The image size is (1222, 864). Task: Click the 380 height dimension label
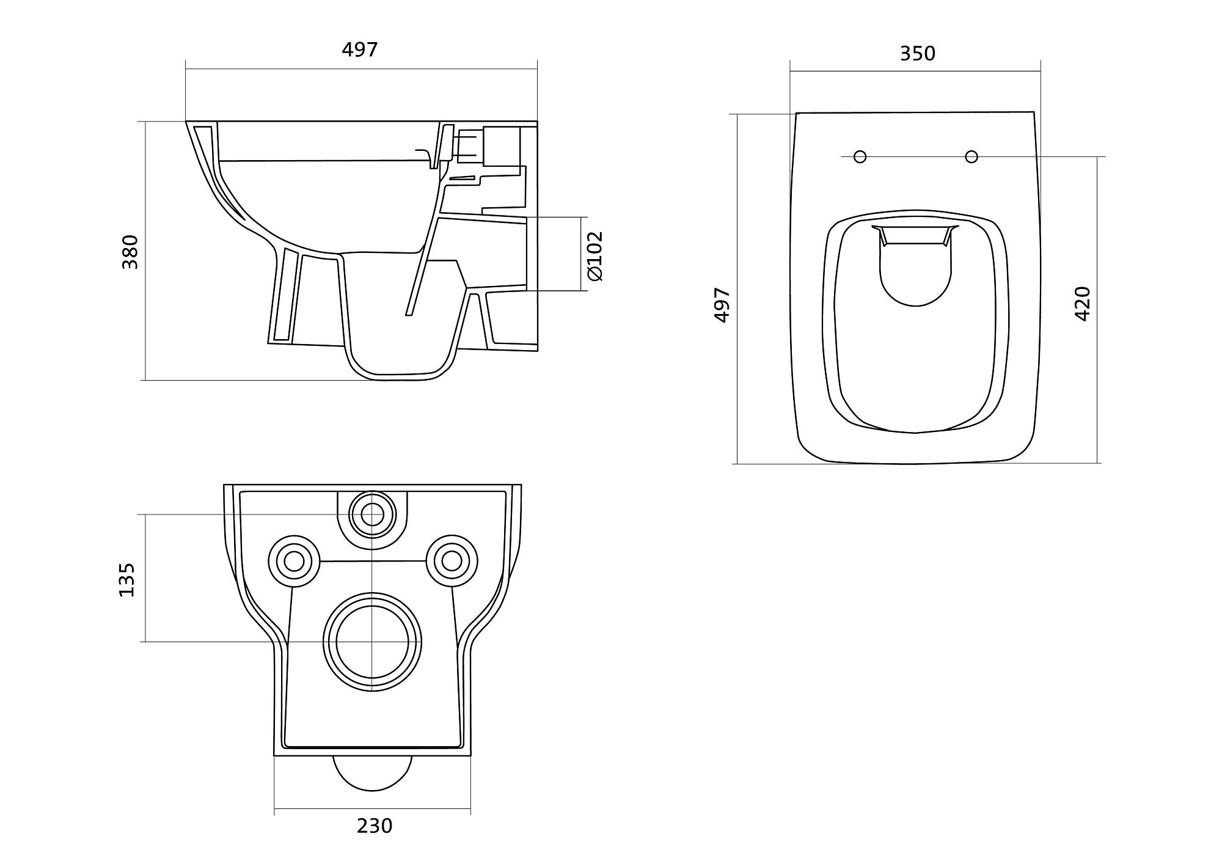click(x=131, y=251)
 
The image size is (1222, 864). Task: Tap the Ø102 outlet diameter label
click(x=595, y=255)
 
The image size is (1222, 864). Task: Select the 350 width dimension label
click(x=917, y=54)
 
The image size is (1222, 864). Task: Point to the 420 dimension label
click(x=1082, y=303)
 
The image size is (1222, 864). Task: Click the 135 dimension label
click(x=126, y=580)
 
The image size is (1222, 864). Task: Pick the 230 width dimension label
click(x=375, y=826)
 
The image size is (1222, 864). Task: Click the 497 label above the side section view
click(x=360, y=49)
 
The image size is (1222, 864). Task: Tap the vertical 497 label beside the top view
click(x=722, y=304)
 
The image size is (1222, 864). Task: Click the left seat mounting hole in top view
click(x=860, y=157)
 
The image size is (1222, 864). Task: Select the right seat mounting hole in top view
click(x=971, y=157)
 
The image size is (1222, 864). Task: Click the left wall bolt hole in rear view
click(x=294, y=561)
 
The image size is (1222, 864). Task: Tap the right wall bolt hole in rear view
click(x=452, y=560)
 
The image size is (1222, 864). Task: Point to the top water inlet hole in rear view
click(x=372, y=514)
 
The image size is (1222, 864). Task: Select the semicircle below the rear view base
click(x=372, y=774)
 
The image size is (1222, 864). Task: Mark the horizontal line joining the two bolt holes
click(x=373, y=561)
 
